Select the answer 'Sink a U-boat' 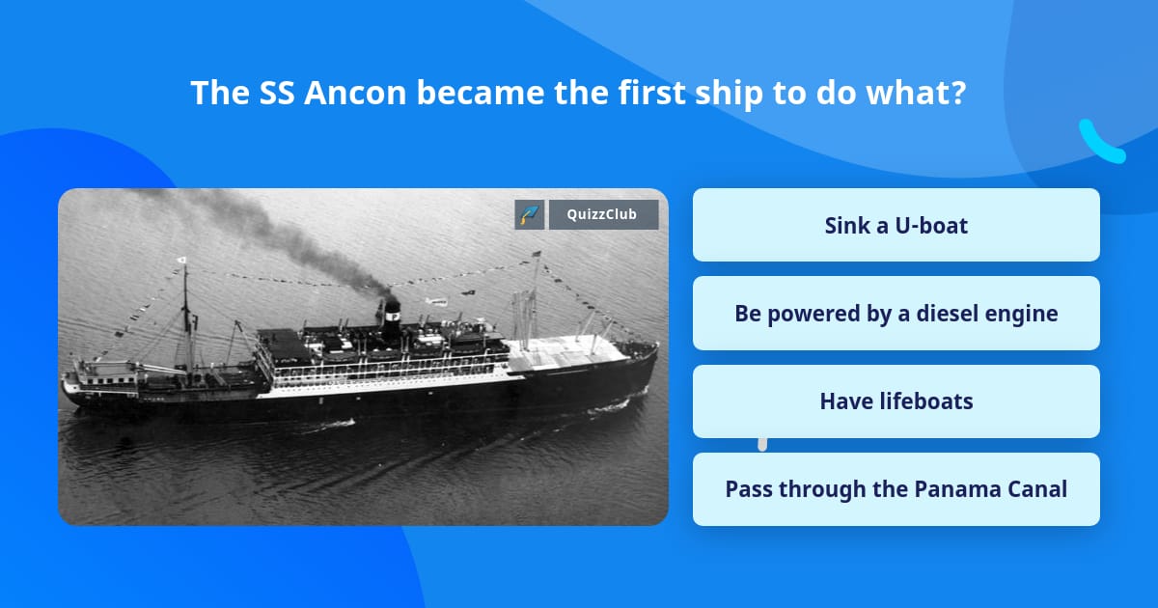[x=896, y=225]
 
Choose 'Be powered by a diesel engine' [x=896, y=314]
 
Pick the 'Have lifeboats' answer [x=896, y=401]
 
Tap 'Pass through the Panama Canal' [x=896, y=489]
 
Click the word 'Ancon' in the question [x=355, y=93]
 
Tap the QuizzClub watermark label [x=603, y=214]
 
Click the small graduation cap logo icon [x=530, y=214]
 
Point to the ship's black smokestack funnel [x=392, y=320]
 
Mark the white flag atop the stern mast [x=181, y=260]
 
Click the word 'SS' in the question [x=277, y=93]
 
